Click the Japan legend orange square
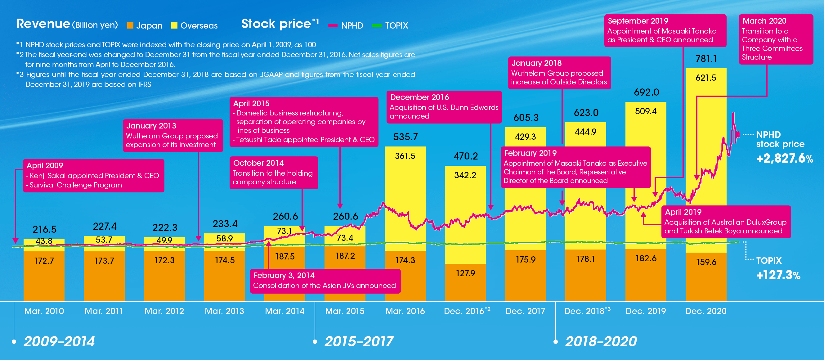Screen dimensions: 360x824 [130, 25]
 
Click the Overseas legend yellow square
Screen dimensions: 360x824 [174, 25]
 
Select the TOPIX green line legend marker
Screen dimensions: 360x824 [377, 25]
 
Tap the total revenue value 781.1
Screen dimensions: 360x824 [706, 59]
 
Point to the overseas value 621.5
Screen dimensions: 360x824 [706, 78]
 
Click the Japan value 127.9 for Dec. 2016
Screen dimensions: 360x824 [465, 273]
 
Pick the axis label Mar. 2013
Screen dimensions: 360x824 [224, 311]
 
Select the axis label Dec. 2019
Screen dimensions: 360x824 [646, 311]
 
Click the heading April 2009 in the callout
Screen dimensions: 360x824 [45, 165]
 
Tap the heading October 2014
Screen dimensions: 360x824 [258, 163]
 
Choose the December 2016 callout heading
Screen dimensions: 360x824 [419, 97]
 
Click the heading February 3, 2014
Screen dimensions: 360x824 [284, 275]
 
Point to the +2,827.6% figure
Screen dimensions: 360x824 [784, 158]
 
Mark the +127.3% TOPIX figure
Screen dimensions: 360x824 [778, 275]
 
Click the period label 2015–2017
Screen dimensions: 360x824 [359, 341]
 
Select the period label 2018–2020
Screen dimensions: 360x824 [601, 341]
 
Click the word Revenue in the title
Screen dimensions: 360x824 [43, 24]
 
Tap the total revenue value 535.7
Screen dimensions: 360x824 [405, 137]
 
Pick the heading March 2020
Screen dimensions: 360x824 [764, 21]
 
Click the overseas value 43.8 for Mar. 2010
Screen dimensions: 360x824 [44, 241]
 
